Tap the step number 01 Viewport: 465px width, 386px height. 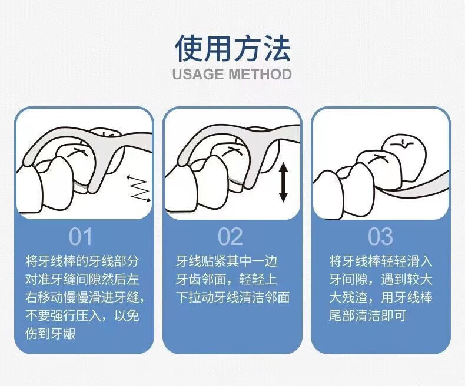tap(81, 237)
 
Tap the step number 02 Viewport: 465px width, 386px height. tap(230, 237)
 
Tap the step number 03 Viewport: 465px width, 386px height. tap(380, 237)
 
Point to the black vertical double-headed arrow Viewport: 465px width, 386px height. tap(283, 183)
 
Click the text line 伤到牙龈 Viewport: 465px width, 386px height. tap(51, 334)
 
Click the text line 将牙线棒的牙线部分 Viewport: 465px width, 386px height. tap(82, 261)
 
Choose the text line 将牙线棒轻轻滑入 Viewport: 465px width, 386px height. tap(381, 261)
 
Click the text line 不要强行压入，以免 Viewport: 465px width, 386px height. tap(82, 316)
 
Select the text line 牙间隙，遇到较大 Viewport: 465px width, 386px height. tap(381, 279)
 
